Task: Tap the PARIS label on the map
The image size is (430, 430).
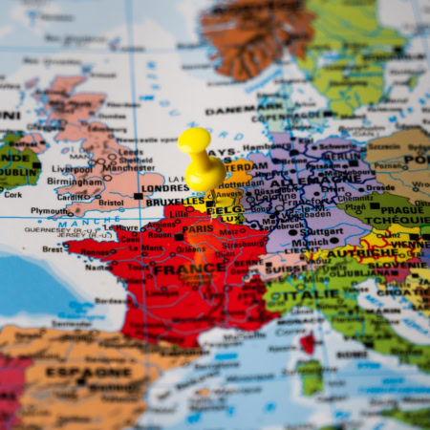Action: click(x=198, y=229)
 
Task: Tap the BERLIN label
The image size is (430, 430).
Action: click(x=340, y=154)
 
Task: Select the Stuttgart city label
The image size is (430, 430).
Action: click(x=322, y=231)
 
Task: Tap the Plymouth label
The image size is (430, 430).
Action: click(x=50, y=211)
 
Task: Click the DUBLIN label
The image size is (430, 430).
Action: click(x=17, y=175)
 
